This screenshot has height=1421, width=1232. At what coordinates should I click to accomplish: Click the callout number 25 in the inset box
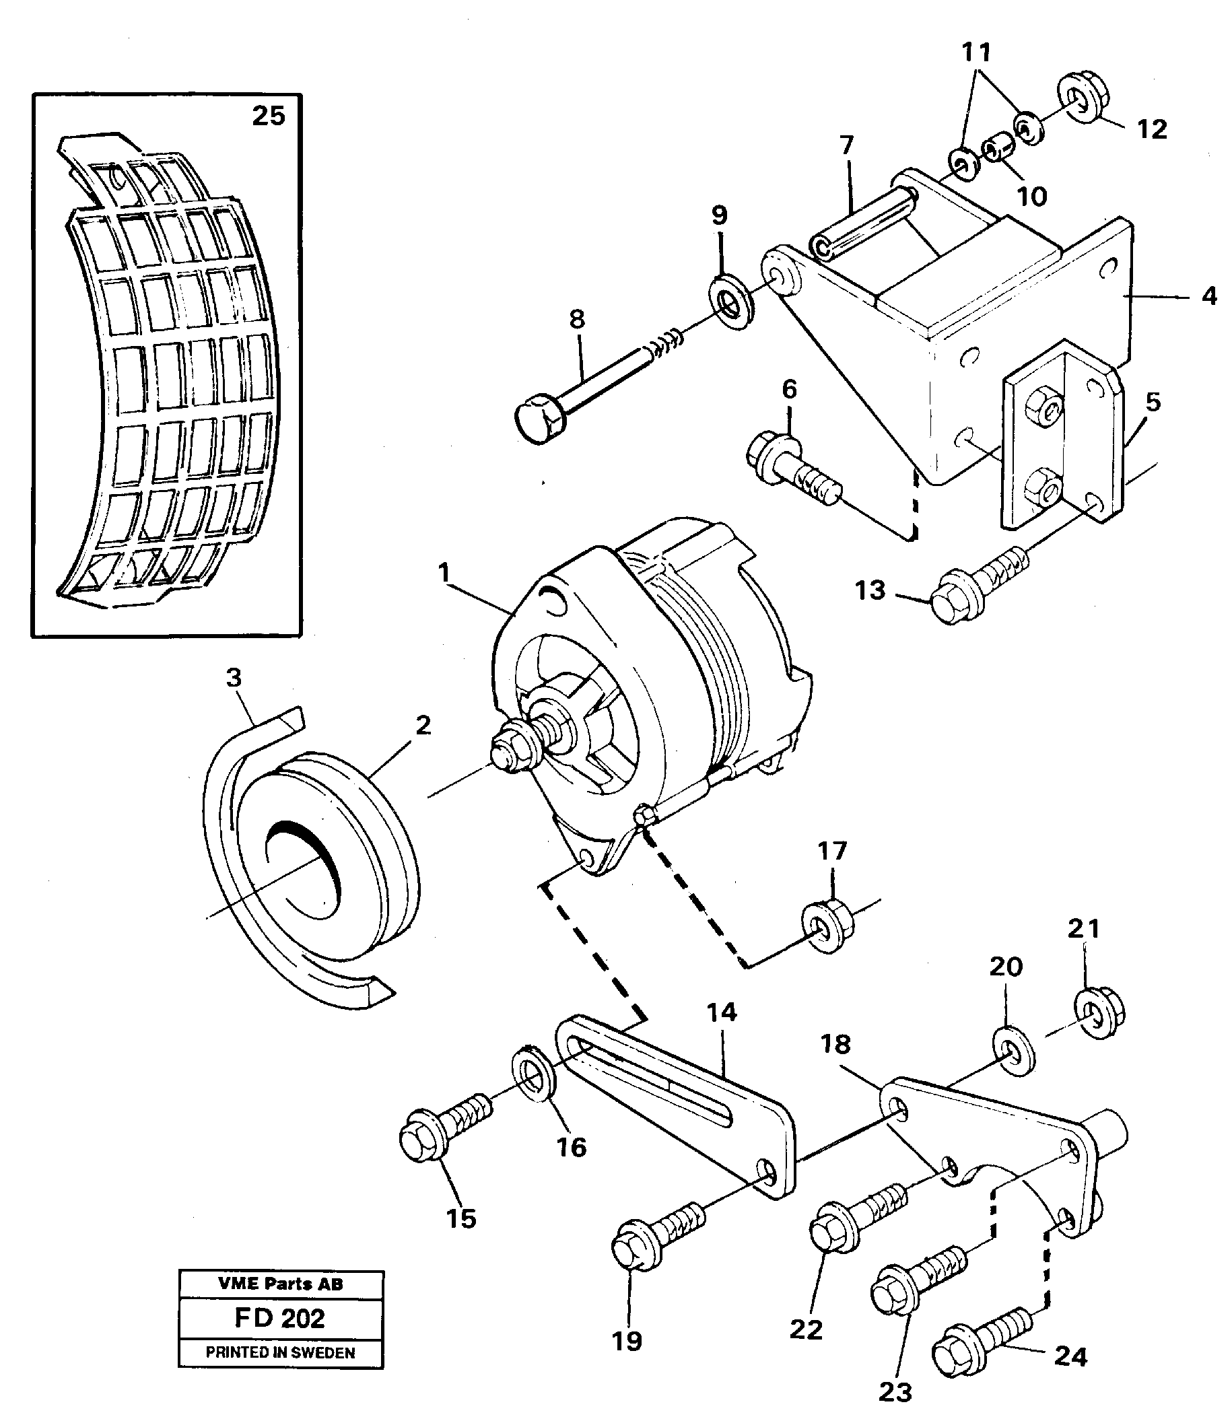[268, 116]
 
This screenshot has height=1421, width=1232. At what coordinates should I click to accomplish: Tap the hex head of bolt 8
[537, 419]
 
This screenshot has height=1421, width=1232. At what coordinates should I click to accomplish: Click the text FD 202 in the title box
[280, 1318]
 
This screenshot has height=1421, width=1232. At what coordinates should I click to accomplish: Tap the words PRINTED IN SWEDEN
[280, 1353]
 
